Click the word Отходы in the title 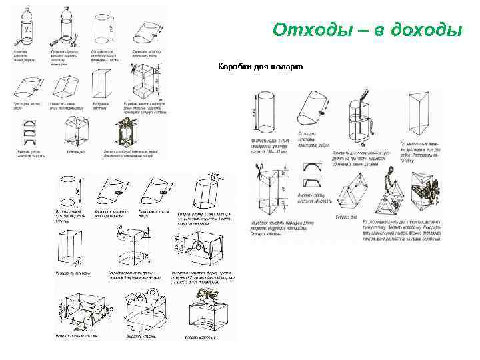[x=309, y=30]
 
